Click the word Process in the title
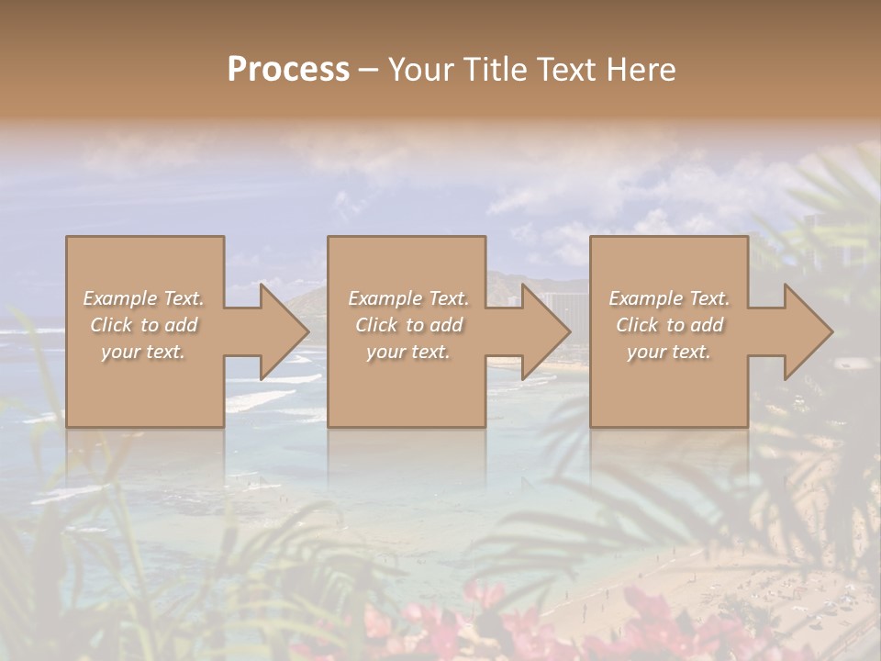[288, 69]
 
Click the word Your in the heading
[418, 69]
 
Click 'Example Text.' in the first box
[143, 298]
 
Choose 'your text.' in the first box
[143, 352]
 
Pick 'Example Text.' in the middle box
[408, 298]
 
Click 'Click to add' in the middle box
[408, 325]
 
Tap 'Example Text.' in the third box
[669, 298]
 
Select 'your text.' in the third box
[669, 352]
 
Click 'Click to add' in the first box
[143, 325]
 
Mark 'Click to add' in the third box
[669, 325]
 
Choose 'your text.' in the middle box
[408, 352]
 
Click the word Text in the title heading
[562, 69]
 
